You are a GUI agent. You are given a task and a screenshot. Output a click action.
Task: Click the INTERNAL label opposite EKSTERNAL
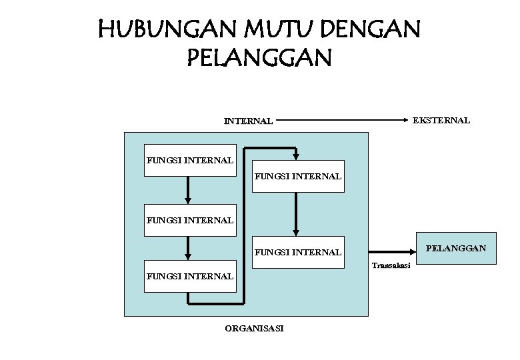pyautogui.click(x=248, y=122)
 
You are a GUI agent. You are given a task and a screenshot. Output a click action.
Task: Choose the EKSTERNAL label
pyautogui.click(x=441, y=121)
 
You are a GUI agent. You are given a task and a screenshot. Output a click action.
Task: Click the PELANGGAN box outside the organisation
pyautogui.click(x=456, y=249)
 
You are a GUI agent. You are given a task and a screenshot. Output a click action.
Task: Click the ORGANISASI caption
pyautogui.click(x=254, y=329)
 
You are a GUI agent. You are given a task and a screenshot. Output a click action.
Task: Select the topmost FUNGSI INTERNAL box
pyautogui.click(x=190, y=160)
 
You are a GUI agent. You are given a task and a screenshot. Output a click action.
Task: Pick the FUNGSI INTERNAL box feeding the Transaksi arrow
pyautogui.click(x=298, y=252)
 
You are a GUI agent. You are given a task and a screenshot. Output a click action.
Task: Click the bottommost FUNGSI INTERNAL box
pyautogui.click(x=190, y=275)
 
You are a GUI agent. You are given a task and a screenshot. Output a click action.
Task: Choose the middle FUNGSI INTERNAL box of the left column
pyautogui.click(x=190, y=219)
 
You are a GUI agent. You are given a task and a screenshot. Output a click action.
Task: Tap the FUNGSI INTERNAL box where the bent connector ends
pyautogui.click(x=298, y=176)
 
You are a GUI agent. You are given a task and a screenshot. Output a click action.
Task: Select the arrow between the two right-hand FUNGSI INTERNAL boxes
pyautogui.click(x=295, y=214)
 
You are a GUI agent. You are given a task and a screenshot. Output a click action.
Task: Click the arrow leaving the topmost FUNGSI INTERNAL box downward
pyautogui.click(x=189, y=190)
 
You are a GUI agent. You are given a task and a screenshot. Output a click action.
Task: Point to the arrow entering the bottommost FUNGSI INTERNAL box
pyautogui.click(x=189, y=248)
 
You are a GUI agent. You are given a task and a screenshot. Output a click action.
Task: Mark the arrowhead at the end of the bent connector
pyautogui.click(x=295, y=155)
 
